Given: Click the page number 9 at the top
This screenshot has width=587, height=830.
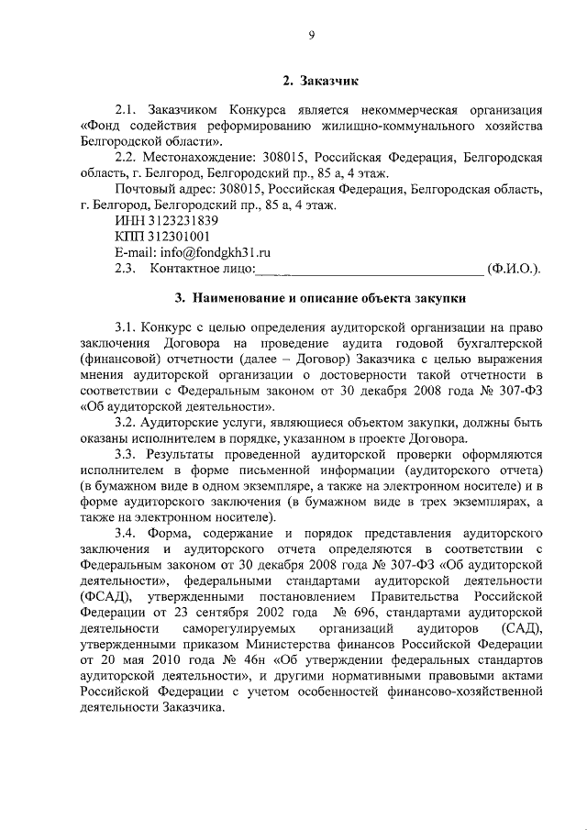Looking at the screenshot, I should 312,35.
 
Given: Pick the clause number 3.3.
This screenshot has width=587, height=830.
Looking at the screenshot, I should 127,454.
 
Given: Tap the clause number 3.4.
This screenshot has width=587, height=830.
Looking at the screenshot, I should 127,533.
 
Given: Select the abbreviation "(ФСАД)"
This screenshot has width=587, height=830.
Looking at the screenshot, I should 106,596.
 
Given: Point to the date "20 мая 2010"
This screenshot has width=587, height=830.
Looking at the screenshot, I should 147,659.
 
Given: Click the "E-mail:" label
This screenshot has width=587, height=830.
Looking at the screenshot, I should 135,251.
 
